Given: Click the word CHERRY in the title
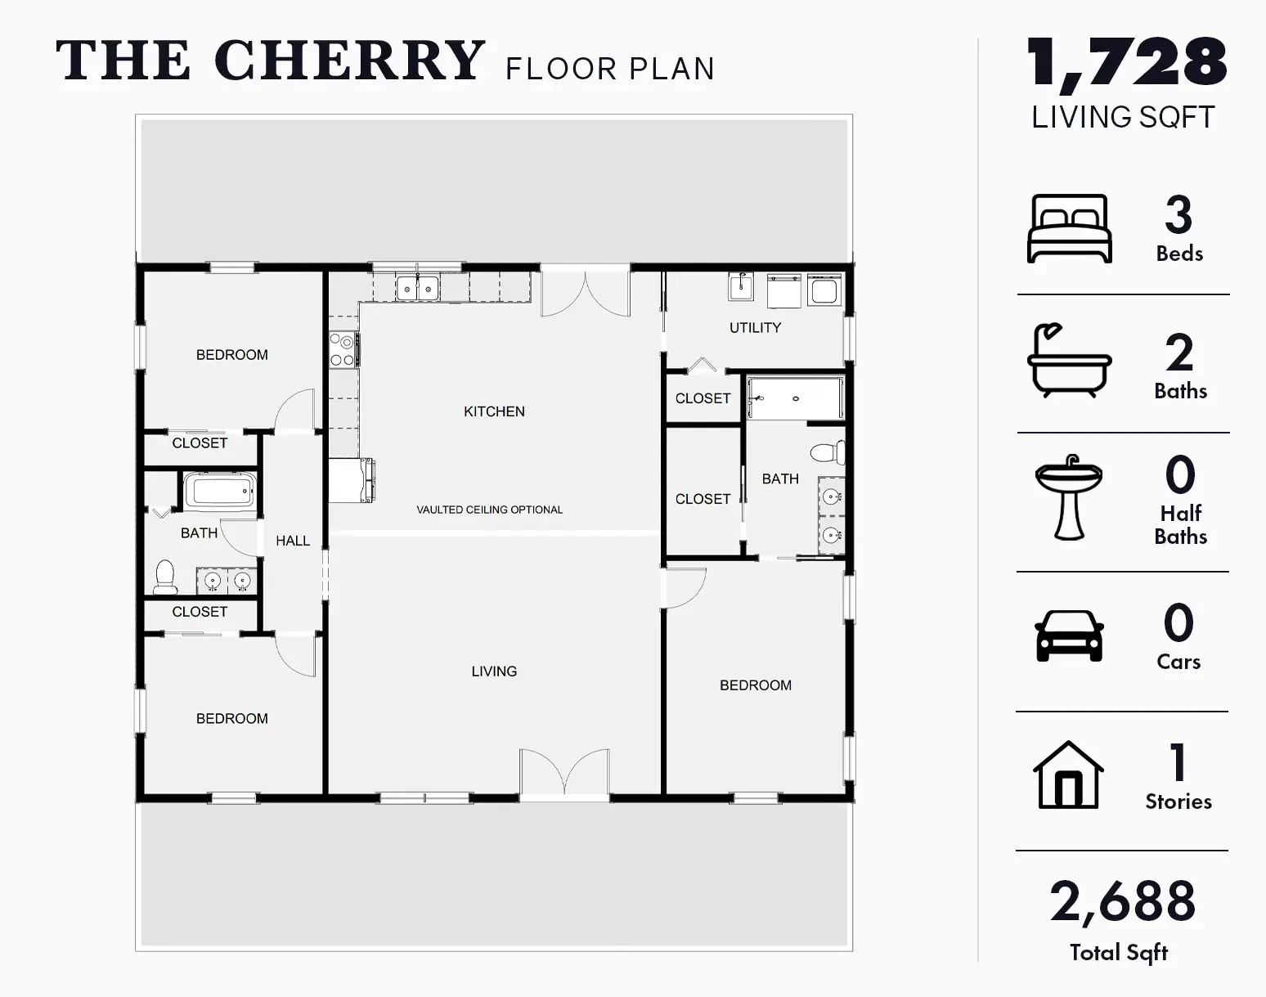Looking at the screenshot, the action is coord(349,61).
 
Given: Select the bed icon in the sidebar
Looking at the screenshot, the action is coord(1070,228).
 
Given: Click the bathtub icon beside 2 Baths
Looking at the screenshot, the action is coord(1070,360).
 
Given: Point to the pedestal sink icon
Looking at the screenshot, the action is coord(1068,497).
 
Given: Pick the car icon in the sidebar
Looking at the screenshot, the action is coord(1070,636).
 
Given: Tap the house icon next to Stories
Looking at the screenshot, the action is coord(1068,775).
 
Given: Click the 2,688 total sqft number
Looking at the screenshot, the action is coord(1122,902).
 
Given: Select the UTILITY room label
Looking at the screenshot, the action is coord(756,328).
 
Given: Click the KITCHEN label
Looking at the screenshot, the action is coord(494,411).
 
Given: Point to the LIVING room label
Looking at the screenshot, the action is coord(494,671).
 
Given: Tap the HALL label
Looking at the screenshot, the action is coord(293,541).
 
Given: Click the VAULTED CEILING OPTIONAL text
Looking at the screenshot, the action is coord(489,510).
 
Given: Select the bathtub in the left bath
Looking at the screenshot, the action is coord(220,492).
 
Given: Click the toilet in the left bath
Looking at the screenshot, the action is coord(165,576).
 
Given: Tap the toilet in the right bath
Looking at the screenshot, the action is coord(828,452).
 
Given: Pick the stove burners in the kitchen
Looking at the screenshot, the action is coord(343,350).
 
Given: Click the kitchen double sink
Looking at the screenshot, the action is coord(417,289).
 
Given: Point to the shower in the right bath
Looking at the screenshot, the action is coord(796,398).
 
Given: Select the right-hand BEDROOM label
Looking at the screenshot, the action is coord(756,685).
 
